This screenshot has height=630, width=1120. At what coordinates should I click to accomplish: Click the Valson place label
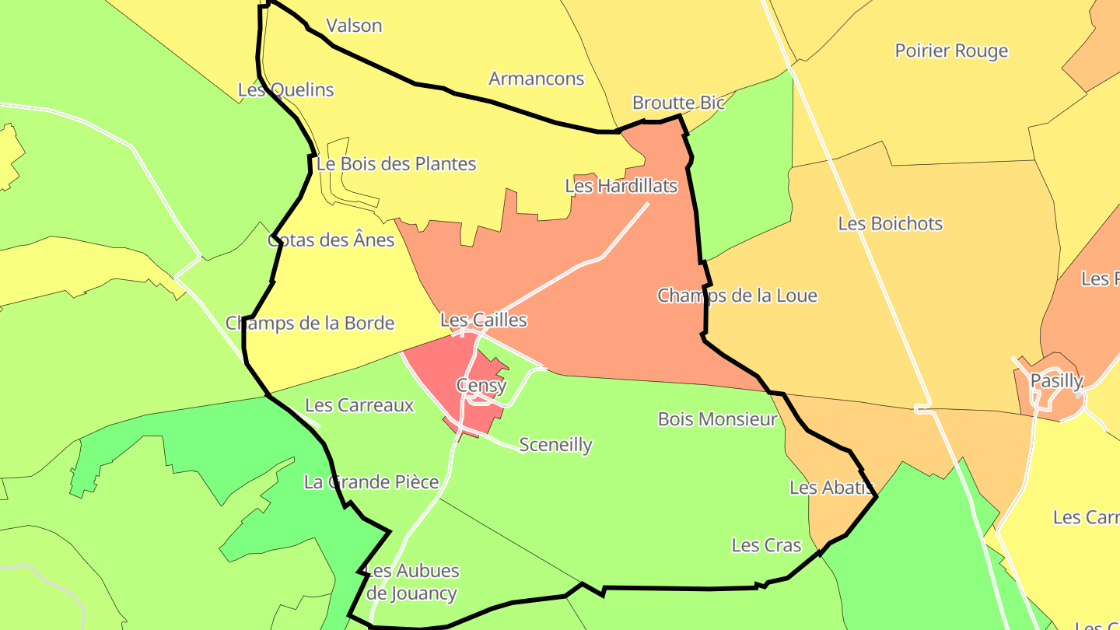point(354,26)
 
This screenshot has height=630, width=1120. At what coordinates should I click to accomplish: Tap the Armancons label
point(536,79)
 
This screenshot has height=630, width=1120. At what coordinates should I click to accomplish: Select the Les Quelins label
point(285,89)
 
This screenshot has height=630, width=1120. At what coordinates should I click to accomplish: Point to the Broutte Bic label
point(678,103)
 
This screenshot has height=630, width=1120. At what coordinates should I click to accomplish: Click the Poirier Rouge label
point(951,51)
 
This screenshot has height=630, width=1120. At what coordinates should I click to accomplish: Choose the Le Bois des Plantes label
point(396,164)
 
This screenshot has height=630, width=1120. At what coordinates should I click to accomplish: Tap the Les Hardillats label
point(621,186)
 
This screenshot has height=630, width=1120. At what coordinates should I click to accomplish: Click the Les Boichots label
point(890,223)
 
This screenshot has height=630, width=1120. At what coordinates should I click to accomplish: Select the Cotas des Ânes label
point(331,240)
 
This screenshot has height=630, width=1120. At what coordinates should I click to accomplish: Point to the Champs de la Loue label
point(737,296)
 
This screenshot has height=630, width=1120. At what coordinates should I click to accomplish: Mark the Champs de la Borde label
point(310,323)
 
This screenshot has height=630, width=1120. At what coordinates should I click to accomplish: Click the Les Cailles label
point(483,320)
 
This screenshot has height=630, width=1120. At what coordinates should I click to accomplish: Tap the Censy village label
point(481,385)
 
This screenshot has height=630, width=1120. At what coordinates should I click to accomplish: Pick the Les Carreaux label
point(359,405)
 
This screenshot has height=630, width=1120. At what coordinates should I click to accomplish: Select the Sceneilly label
point(555,445)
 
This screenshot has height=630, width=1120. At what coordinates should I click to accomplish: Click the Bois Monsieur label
point(717,419)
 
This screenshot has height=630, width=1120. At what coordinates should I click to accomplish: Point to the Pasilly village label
point(1056,381)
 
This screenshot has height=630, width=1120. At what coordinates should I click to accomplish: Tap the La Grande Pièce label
point(371,482)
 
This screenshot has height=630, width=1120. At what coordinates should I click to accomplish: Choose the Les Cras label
point(766,545)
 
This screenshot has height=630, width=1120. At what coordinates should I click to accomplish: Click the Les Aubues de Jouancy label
point(411,582)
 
